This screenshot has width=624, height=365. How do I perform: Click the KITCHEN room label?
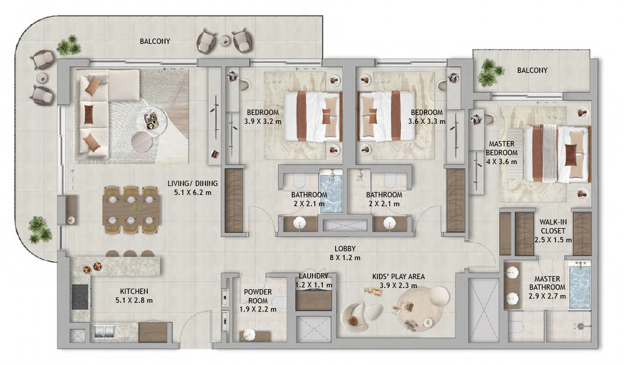pyautogui.click(x=134, y=292)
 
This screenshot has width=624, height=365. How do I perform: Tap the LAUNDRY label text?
pyautogui.click(x=314, y=276)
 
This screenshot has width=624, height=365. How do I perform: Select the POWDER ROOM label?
pyautogui.click(x=258, y=296)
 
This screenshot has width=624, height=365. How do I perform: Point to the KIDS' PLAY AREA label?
pyautogui.click(x=399, y=276)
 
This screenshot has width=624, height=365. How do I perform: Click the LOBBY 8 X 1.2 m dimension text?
pyautogui.click(x=345, y=258)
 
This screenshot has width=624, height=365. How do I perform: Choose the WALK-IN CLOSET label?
pyautogui.click(x=553, y=226)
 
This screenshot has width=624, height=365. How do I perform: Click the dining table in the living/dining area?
pyautogui.click(x=132, y=210)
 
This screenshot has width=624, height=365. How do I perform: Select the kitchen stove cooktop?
pyautogui.click(x=81, y=297)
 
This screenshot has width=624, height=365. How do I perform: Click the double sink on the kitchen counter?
pyautogui.click(x=103, y=331)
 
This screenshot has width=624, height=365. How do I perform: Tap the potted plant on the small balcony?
pyautogui.click(x=491, y=72)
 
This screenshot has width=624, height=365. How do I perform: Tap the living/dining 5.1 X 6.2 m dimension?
pyautogui.click(x=193, y=193)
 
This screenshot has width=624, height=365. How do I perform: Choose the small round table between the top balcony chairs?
pyautogui.click(x=225, y=40)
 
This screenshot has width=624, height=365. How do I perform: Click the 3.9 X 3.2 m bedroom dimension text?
pyautogui.click(x=263, y=121)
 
